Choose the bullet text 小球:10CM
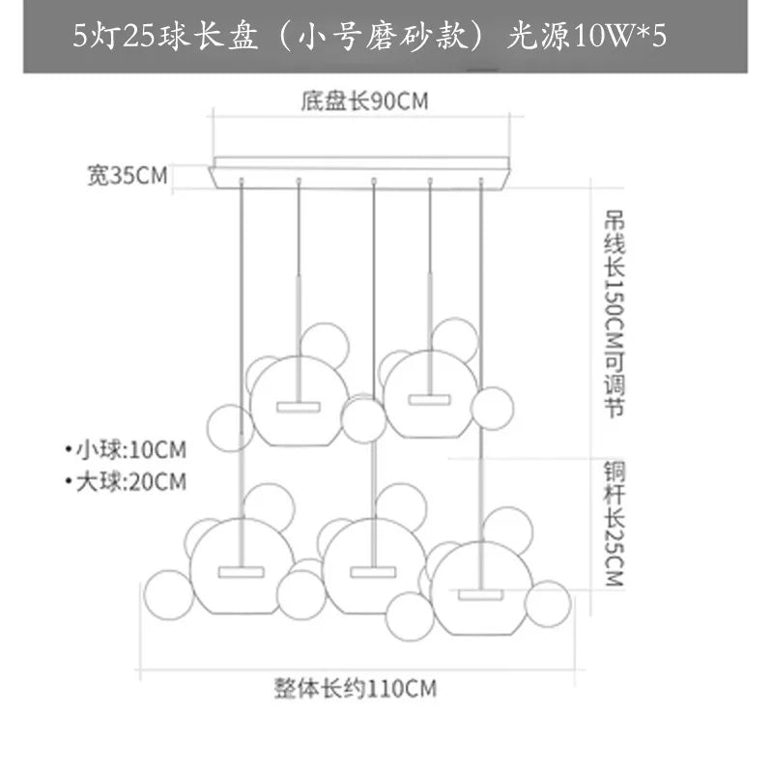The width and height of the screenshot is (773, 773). click(126, 450)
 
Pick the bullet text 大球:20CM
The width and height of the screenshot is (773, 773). click(126, 480)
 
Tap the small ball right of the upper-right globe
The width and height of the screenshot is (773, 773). click(493, 407)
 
